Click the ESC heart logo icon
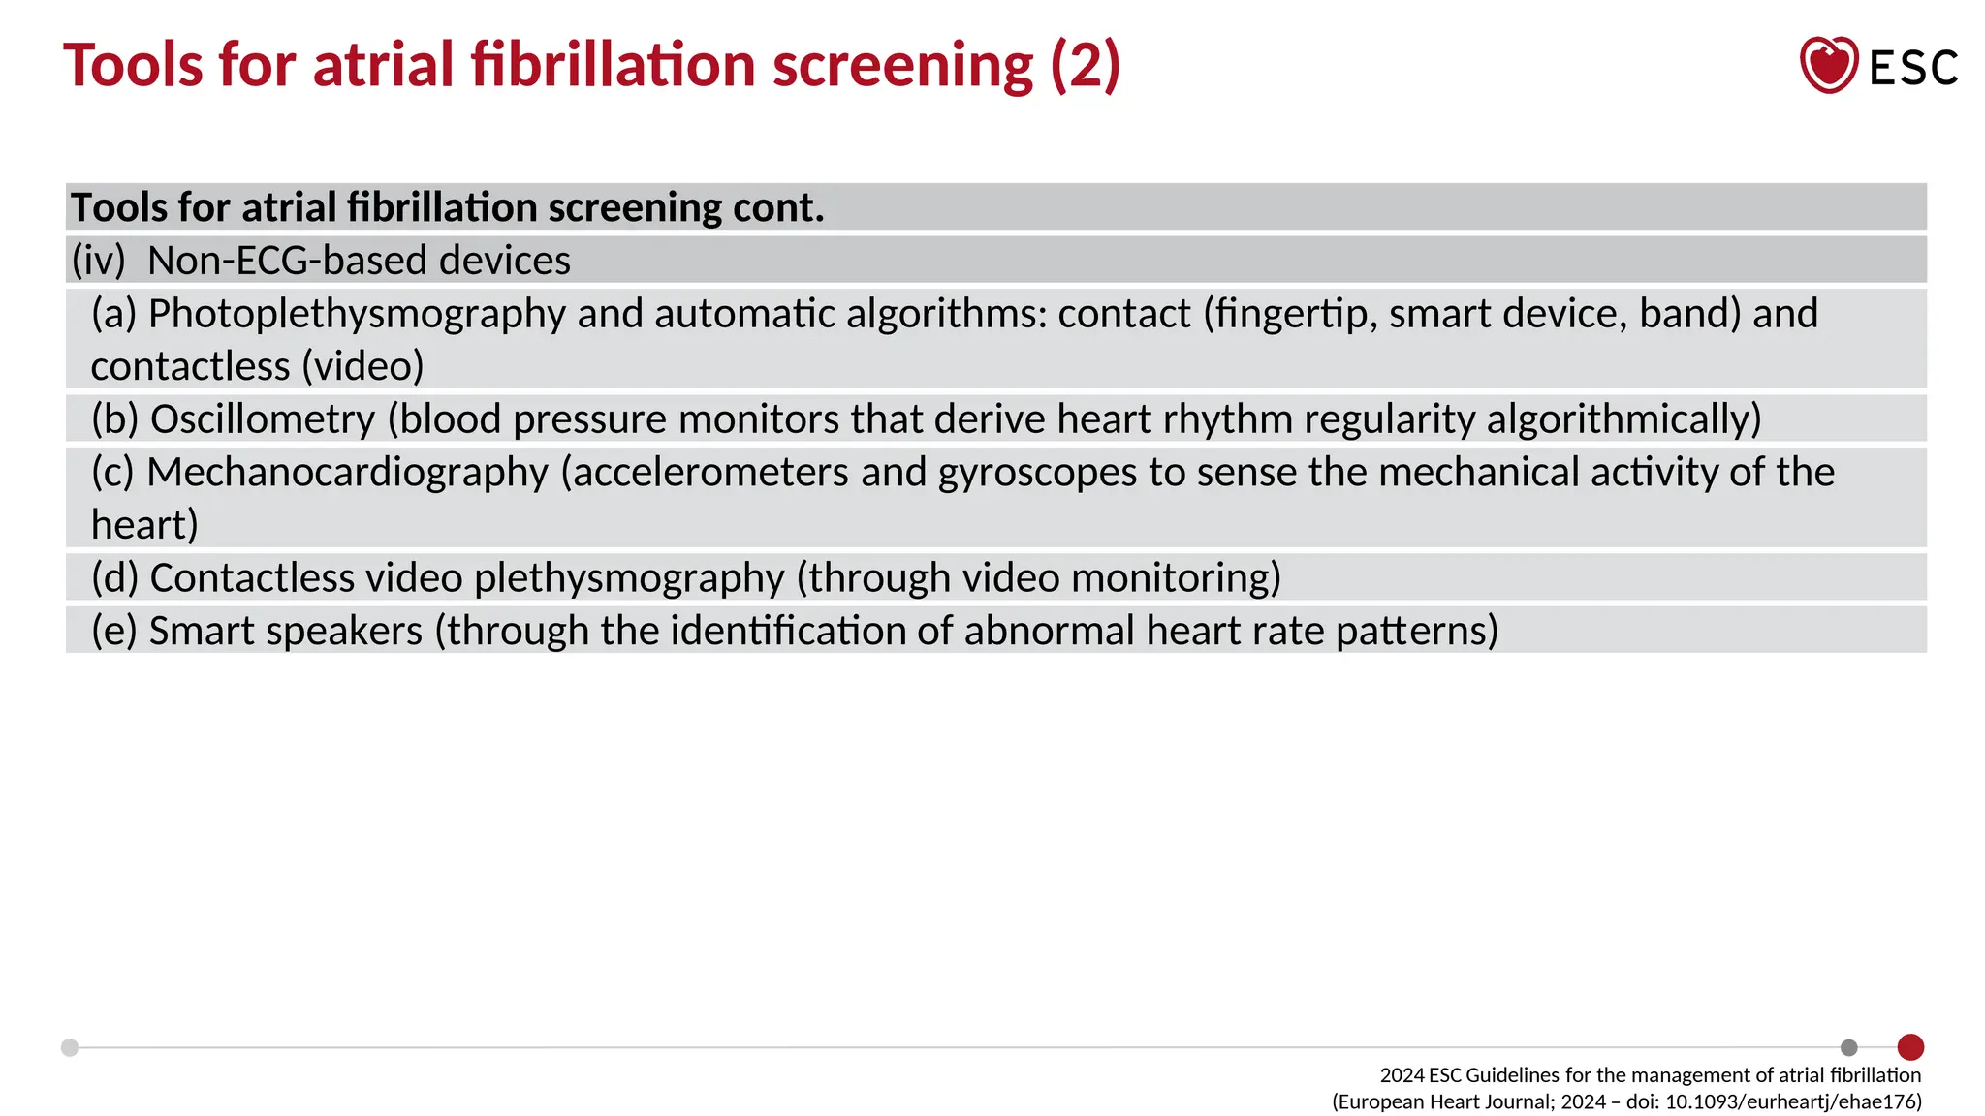tap(1828, 65)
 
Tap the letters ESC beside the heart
tap(1913, 68)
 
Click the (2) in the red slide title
tap(1086, 65)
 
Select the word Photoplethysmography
tap(357, 314)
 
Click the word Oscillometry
tap(263, 419)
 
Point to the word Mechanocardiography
tap(348, 473)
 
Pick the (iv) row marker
tap(98, 261)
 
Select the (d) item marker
tap(114, 578)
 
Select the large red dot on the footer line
tap(1910, 1047)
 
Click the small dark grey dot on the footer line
tap(1849, 1047)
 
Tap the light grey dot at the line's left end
tap(70, 1047)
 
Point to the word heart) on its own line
tap(144, 525)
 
